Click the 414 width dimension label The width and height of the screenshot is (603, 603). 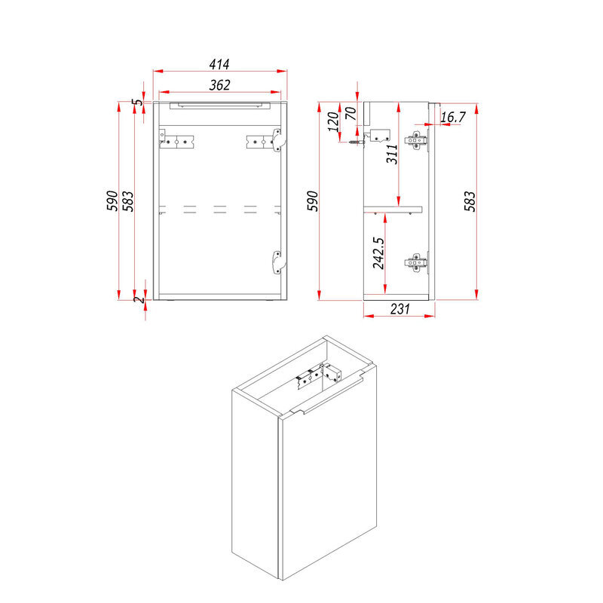point(219,64)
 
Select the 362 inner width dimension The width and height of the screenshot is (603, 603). point(219,85)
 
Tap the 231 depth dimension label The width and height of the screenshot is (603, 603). point(399,309)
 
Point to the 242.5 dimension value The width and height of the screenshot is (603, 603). point(378,253)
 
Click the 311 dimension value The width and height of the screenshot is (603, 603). point(392,154)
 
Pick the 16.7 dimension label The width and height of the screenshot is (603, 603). point(453,117)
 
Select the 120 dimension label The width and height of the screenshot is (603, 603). point(333,121)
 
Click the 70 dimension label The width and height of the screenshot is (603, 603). point(350,114)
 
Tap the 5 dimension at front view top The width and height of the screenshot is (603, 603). point(137,103)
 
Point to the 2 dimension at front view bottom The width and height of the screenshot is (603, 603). point(139,298)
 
